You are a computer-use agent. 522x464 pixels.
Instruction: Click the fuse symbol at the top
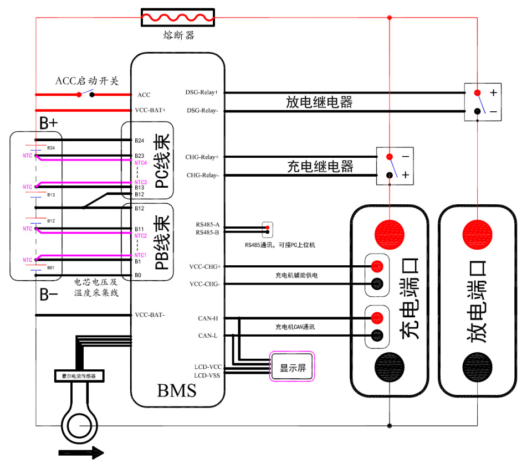178,18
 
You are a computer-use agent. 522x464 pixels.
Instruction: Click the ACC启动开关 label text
87,81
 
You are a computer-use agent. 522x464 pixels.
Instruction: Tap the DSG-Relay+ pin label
202,92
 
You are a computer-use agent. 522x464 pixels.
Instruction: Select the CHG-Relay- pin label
202,176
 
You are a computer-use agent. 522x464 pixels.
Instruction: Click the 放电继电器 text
319,102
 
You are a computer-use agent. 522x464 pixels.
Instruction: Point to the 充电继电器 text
320,166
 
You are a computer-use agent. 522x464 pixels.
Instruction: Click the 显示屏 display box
293,366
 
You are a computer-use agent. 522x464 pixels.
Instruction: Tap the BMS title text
177,391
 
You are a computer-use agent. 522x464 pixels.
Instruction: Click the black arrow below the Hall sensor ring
80,452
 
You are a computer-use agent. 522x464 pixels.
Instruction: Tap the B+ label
48,123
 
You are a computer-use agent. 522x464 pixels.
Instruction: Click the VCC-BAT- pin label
150,315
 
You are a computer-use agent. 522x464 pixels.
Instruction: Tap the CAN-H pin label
207,318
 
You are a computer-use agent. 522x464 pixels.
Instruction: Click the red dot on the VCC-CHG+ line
377,266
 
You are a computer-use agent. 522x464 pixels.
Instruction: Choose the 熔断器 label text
178,37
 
